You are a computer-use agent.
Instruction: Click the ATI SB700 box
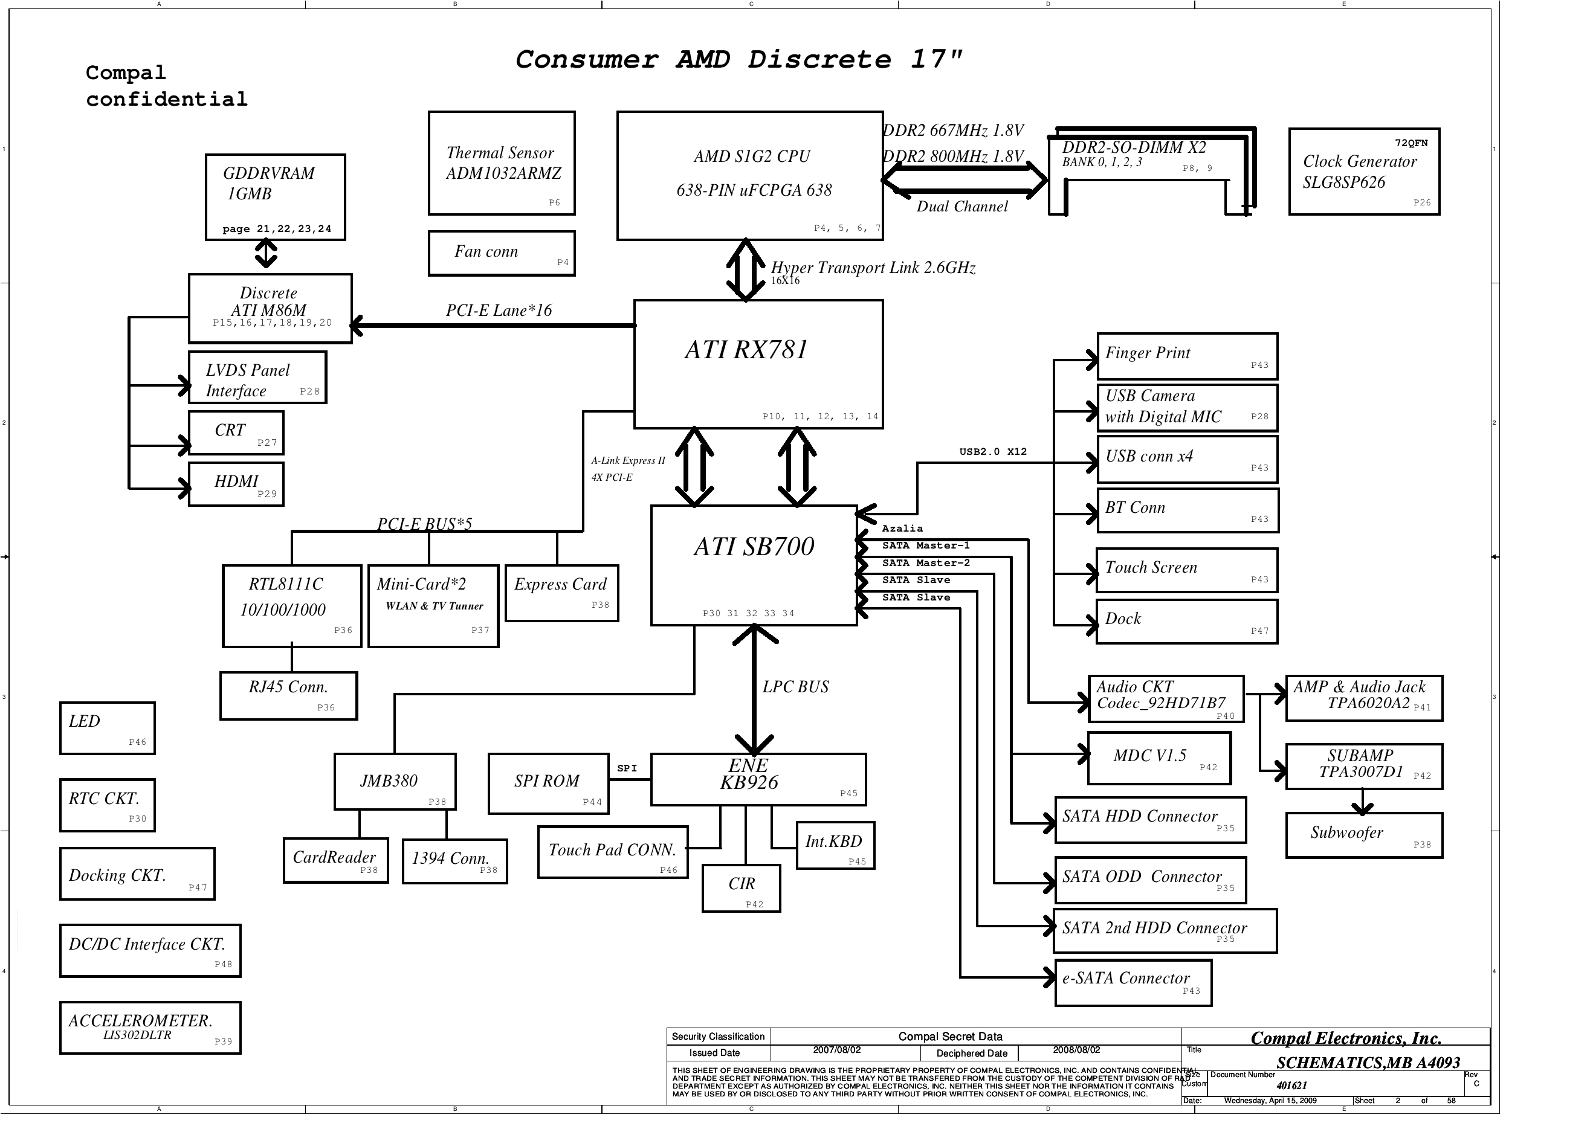(x=754, y=565)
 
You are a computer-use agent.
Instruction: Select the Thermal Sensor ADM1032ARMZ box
(x=502, y=163)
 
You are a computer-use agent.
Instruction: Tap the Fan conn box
(x=502, y=253)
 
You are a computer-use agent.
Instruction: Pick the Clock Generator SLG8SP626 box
(x=1363, y=172)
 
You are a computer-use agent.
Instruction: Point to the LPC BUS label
(x=795, y=687)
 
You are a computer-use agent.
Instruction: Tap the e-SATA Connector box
(x=1133, y=982)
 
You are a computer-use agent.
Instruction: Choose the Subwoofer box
(x=1363, y=835)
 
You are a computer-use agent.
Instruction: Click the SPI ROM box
(x=547, y=784)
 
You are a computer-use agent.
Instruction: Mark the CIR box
(x=741, y=887)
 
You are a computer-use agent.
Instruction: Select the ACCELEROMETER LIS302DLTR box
(x=150, y=1028)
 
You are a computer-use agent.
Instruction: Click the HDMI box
(x=236, y=484)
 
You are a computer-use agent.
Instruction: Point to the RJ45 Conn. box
(x=288, y=695)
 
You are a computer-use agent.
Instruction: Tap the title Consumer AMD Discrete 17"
(x=739, y=60)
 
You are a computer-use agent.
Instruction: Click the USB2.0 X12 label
(x=992, y=451)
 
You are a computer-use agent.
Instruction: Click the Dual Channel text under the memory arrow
(x=962, y=207)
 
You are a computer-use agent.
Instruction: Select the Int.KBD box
(x=835, y=845)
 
